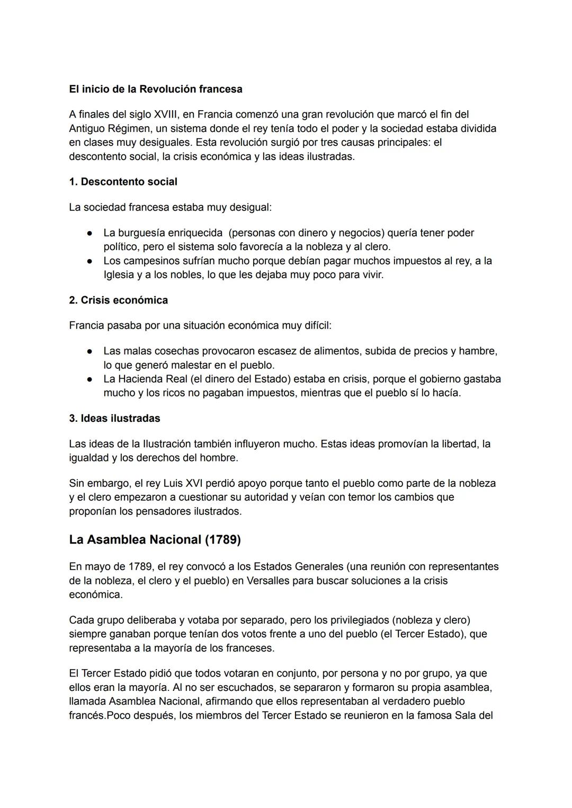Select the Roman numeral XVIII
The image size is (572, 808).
[166, 114]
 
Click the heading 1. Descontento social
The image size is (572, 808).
[123, 182]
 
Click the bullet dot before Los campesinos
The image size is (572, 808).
[91, 261]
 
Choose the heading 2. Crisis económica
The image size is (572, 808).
[118, 300]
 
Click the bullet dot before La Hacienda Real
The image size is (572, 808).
[91, 379]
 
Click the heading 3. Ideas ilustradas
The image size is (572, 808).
[114, 418]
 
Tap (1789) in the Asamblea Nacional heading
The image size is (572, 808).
[222, 539]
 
